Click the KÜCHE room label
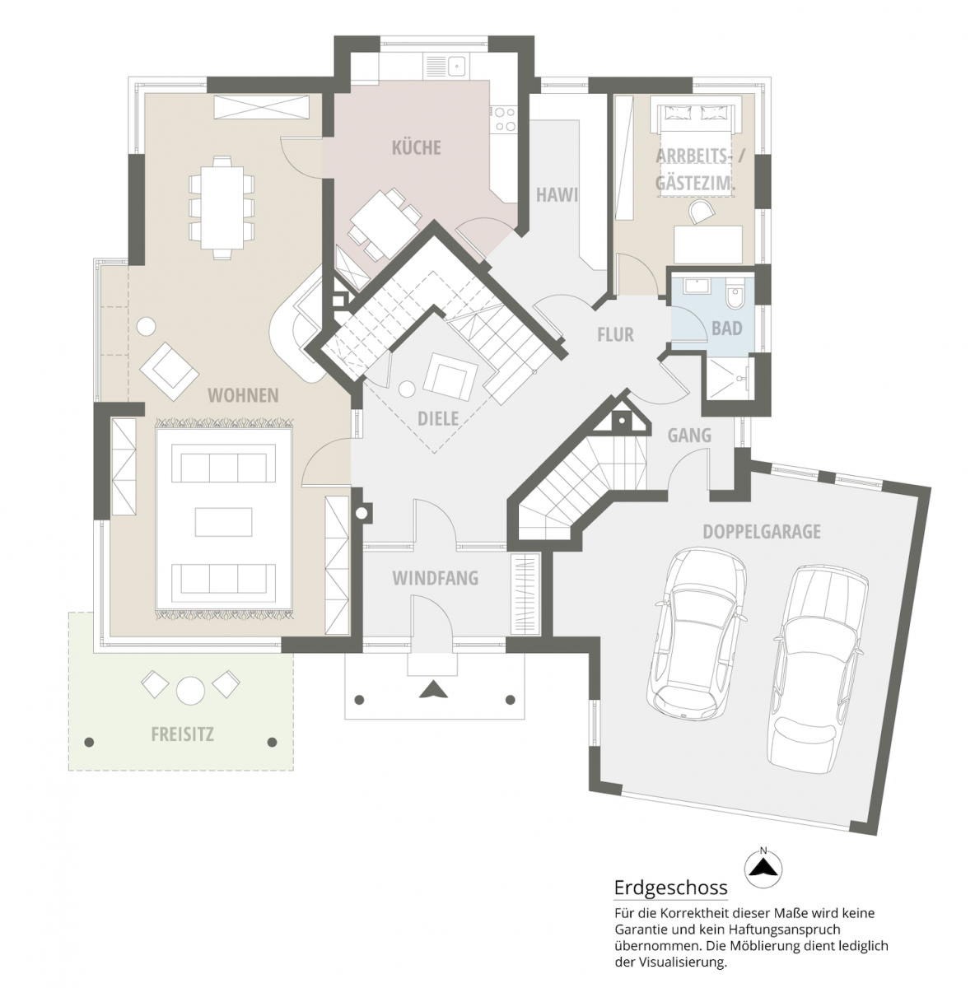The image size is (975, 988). [x=416, y=148]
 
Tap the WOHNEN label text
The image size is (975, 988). [x=242, y=396]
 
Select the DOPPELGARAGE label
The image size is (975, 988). [x=762, y=532]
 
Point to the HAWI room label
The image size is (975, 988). [x=557, y=195]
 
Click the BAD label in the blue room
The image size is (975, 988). [x=726, y=329]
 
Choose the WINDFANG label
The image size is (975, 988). [x=435, y=579]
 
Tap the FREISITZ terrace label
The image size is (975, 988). [x=182, y=734]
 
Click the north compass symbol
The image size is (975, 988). [x=763, y=865]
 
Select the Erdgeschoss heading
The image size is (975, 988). [x=670, y=888]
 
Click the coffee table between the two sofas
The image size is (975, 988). [x=223, y=521]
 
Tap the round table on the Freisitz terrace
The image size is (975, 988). [x=190, y=689]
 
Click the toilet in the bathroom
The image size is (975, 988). [x=735, y=294]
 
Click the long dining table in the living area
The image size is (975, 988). [x=220, y=207]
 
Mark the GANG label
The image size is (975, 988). [x=688, y=436]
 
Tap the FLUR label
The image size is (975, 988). [x=615, y=334]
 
